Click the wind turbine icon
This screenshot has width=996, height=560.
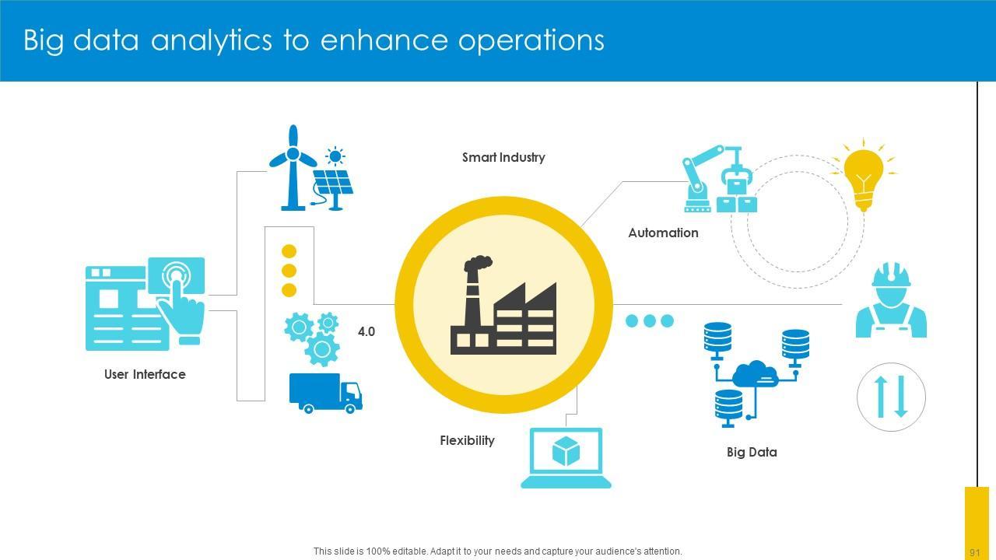[x=293, y=167]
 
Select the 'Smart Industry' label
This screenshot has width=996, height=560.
[x=503, y=157]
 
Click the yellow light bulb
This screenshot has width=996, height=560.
[x=864, y=175]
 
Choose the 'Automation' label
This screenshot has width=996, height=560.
[x=663, y=233]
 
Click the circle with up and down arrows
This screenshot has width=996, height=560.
[x=891, y=397]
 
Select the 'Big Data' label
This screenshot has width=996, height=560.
[x=752, y=452]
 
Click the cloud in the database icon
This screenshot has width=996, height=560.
[x=754, y=374]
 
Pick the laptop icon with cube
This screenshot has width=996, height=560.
[x=566, y=457]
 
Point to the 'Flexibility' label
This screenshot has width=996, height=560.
[x=467, y=440]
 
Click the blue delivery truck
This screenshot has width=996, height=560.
[x=325, y=393]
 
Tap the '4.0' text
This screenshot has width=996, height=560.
[x=366, y=331]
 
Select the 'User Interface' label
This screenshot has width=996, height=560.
[x=145, y=374]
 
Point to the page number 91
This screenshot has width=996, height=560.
[x=974, y=552]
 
